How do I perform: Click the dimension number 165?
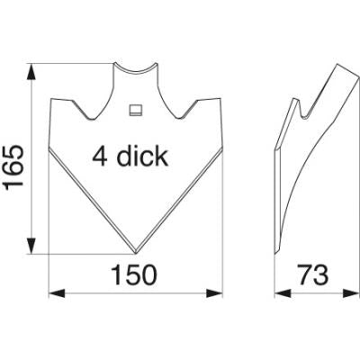(x=14, y=166)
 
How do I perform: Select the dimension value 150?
(x=134, y=275)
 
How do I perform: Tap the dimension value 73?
(x=313, y=275)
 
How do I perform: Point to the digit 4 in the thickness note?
(x=100, y=157)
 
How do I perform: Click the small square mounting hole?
(x=135, y=110)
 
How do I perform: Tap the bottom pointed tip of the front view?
(x=136, y=254)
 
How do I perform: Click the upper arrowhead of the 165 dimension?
(x=31, y=72)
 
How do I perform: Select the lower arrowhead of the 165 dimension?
(x=31, y=246)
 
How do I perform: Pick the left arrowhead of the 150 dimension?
(x=57, y=293)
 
